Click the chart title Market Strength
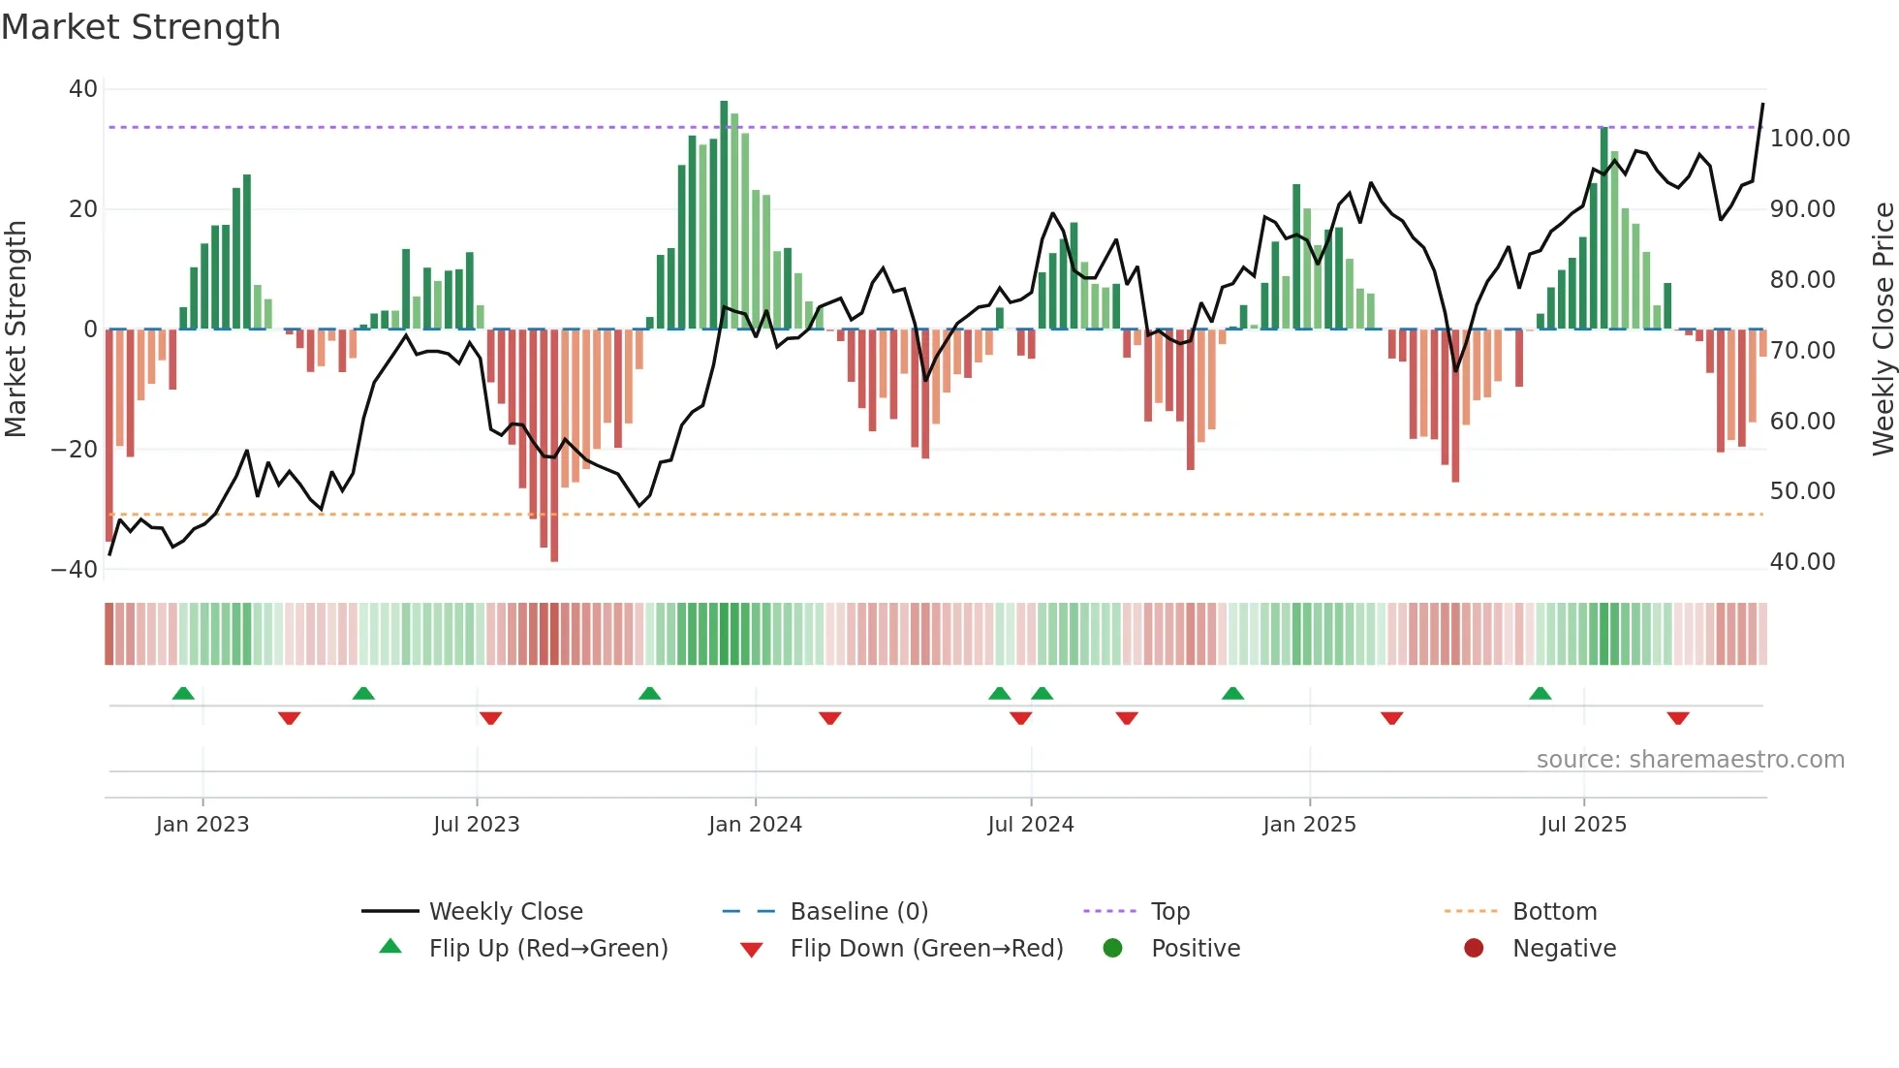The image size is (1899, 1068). (140, 27)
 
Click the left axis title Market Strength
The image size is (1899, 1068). (16, 329)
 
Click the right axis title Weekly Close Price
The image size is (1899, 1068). (1883, 329)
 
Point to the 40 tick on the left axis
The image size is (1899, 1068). (83, 89)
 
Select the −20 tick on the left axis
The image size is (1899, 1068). (75, 450)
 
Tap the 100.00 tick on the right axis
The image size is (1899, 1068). (1809, 139)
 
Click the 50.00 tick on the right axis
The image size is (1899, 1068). (1802, 491)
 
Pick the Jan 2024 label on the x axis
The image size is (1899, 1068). (755, 825)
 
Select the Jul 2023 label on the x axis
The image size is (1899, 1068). (476, 825)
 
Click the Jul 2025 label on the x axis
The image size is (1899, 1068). (1583, 825)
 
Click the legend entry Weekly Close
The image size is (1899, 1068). (505, 912)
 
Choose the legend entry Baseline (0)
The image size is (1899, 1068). (858, 912)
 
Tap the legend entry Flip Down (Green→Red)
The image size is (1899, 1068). (925, 949)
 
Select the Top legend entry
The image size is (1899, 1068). (1169, 912)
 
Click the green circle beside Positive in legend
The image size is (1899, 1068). (1112, 949)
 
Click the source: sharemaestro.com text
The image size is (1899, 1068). (1690, 760)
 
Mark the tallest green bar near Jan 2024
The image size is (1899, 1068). (724, 213)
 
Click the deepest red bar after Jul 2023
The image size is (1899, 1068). (554, 446)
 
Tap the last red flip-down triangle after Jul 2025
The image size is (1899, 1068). (1678, 718)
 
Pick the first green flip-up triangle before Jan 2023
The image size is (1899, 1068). (183, 693)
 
